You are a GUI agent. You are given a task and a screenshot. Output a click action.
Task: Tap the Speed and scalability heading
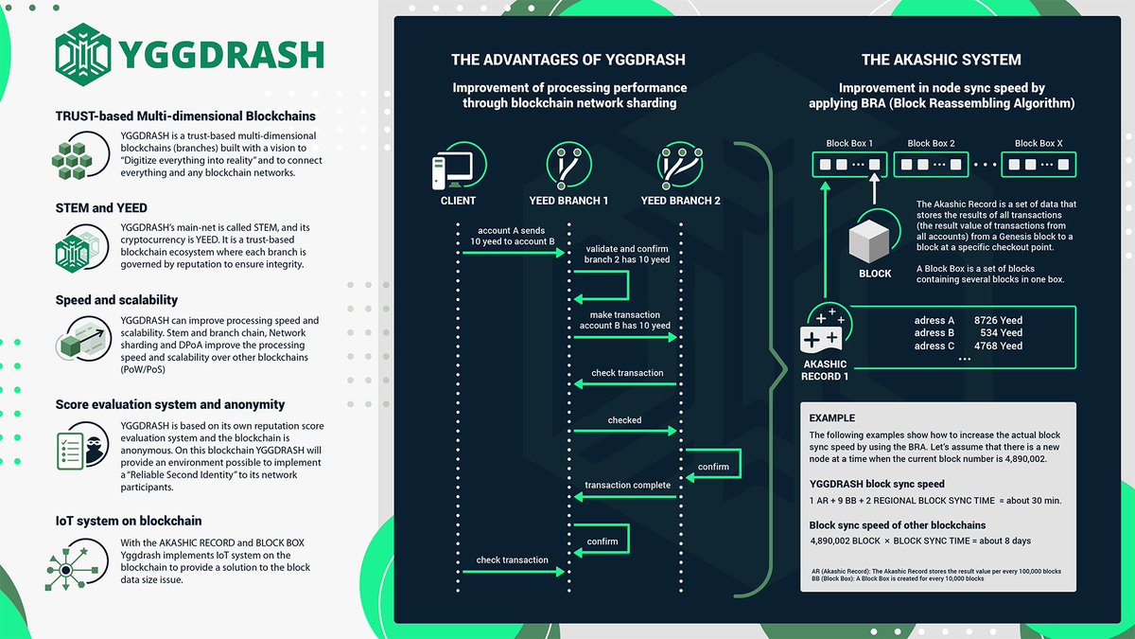pos(116,300)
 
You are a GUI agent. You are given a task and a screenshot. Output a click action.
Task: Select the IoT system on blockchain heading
pos(128,521)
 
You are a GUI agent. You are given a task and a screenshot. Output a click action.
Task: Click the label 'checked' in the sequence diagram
pos(624,420)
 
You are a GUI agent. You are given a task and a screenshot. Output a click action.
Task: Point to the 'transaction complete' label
pos(627,486)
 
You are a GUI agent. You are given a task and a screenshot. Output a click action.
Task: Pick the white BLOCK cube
pos(874,241)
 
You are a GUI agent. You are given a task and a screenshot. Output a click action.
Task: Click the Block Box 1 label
pos(848,144)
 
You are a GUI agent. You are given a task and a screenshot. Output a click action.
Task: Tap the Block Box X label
pos(1039,144)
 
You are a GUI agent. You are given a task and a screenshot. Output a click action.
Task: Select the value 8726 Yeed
pos(998,321)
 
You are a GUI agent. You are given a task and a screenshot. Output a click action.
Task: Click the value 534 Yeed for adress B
pos(1002,333)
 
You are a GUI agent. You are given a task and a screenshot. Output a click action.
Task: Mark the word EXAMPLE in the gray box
pos(832,417)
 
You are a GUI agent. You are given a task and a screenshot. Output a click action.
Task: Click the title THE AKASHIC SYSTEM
pos(941,60)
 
